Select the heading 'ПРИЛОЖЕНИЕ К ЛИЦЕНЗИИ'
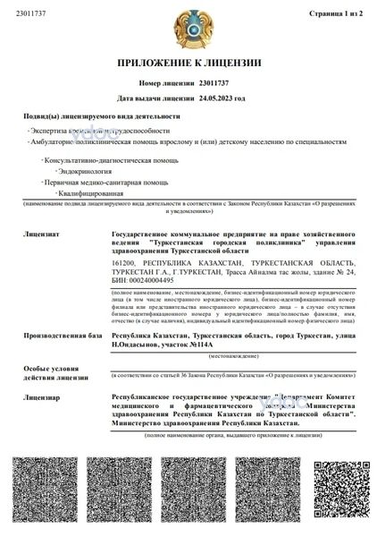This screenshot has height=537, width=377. click(188, 64)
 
